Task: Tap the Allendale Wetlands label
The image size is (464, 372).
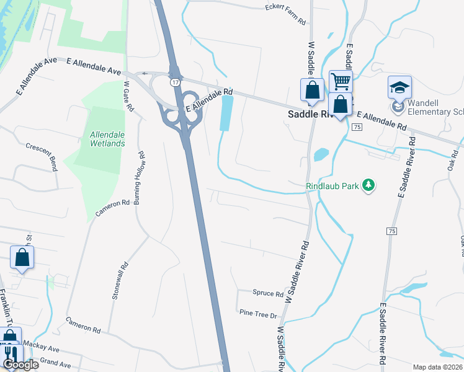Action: click(x=107, y=138)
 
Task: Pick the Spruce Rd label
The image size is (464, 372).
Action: click(x=268, y=293)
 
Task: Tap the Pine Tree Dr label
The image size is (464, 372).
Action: click(x=258, y=314)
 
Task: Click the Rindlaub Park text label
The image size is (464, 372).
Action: click(x=332, y=185)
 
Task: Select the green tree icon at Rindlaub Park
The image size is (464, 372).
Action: click(x=369, y=185)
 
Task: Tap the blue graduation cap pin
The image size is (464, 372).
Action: click(x=399, y=87)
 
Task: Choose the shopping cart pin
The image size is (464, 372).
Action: click(x=341, y=81)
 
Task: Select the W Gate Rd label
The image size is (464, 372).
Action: click(x=129, y=97)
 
